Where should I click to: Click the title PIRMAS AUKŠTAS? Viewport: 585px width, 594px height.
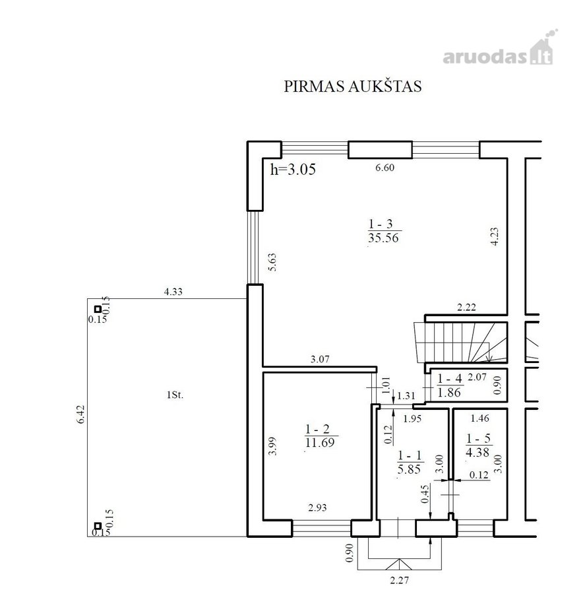point(352,86)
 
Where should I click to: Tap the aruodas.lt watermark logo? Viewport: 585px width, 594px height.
point(500,48)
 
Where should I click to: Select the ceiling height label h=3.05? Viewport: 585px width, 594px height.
point(293,169)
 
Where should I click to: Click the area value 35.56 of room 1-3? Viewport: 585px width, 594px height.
point(383,238)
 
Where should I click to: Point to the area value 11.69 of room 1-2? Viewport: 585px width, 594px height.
point(320,442)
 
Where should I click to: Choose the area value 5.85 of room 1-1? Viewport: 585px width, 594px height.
point(410,469)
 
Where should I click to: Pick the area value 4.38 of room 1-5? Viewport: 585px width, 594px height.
point(477,452)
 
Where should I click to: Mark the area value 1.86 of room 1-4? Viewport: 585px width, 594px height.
point(449,393)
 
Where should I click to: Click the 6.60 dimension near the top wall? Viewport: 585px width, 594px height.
point(385,168)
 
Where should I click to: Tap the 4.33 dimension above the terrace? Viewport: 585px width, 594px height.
point(173,292)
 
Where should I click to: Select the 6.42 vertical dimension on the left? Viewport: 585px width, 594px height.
point(81,414)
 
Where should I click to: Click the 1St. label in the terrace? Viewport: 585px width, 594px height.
point(175,395)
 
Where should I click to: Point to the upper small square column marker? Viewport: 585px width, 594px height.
point(98,309)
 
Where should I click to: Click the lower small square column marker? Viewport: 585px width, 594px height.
point(98,526)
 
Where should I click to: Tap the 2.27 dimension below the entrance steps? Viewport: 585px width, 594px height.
point(400,579)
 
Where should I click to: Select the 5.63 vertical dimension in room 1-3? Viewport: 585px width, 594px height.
point(272,262)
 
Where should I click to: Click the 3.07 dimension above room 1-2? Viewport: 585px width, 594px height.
point(320,359)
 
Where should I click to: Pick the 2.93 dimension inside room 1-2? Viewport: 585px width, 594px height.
point(317,508)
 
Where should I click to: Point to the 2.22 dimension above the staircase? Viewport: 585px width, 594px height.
point(466,307)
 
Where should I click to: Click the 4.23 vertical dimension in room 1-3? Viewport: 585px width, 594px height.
point(495,236)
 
